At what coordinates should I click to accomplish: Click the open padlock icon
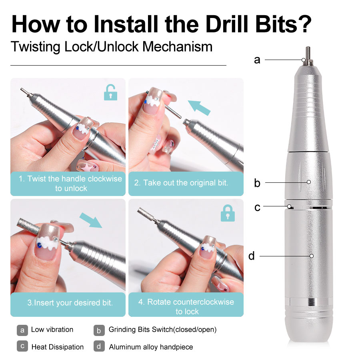click(110, 93)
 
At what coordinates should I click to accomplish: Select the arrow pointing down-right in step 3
click(91, 220)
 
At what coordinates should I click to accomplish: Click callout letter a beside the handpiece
click(257, 60)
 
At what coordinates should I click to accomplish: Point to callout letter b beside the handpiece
click(257, 183)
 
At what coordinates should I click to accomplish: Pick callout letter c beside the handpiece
click(257, 208)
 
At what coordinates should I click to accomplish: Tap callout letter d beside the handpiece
click(251, 256)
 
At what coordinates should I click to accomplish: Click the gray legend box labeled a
click(22, 330)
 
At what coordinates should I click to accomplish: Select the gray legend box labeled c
click(22, 346)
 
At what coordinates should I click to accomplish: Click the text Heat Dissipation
click(58, 347)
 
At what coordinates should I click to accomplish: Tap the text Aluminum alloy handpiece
click(151, 347)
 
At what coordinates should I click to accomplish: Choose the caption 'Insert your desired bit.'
click(70, 303)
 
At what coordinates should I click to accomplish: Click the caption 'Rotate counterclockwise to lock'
click(186, 306)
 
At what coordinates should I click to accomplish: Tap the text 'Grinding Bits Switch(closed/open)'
click(162, 330)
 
